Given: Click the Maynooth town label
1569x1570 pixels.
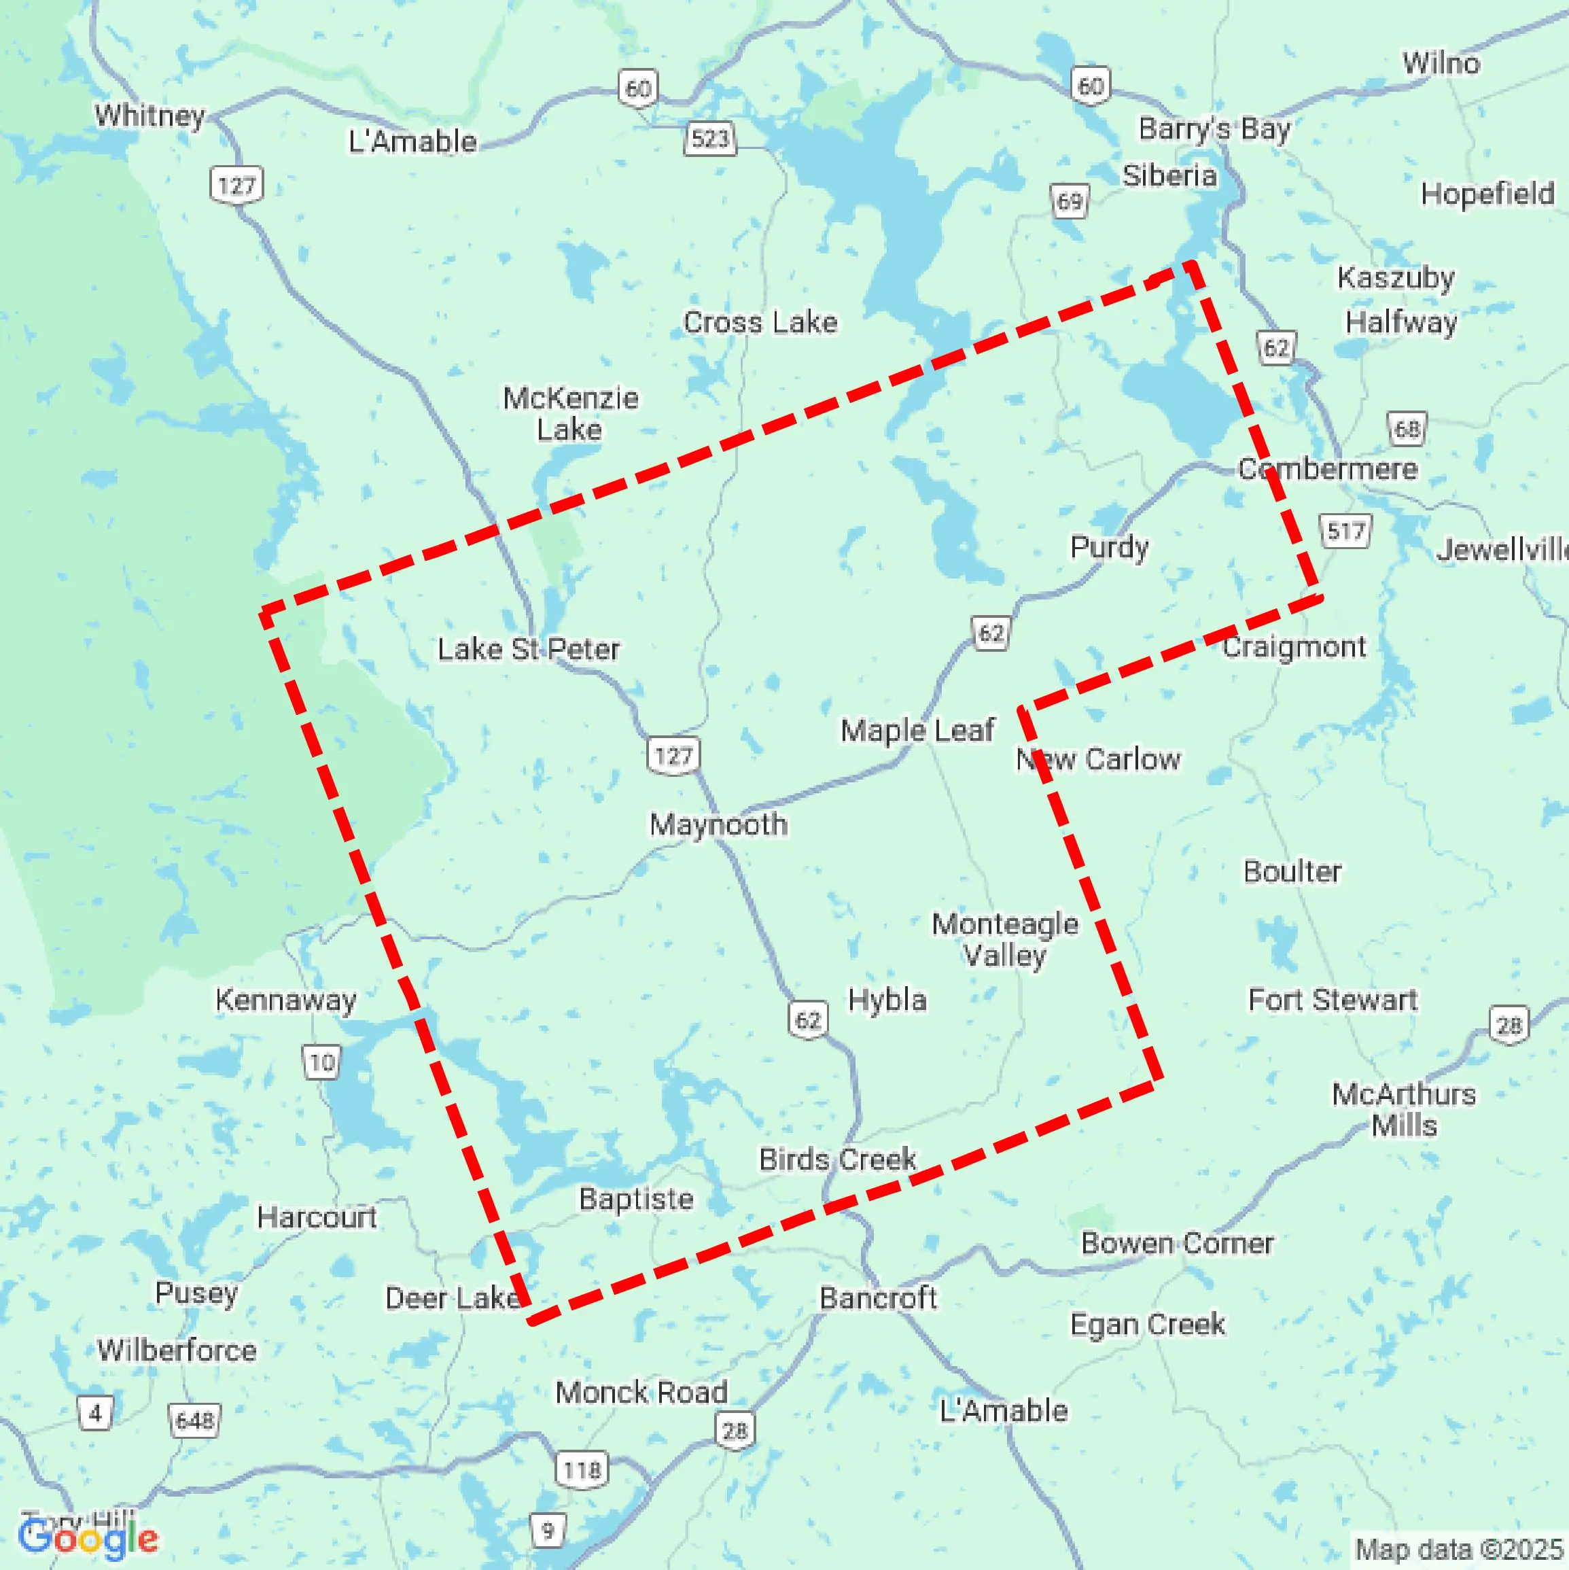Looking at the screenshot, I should (718, 825).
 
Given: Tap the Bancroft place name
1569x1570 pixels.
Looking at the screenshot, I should (877, 1297).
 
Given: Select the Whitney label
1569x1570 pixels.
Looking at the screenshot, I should (149, 116).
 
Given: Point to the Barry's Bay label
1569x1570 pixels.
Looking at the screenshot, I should (1214, 128).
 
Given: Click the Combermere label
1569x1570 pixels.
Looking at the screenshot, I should (1328, 469).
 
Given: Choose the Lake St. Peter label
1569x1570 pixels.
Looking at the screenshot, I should (528, 649).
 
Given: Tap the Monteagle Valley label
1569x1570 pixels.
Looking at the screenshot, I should (1005, 939).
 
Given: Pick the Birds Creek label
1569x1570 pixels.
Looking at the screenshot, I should (837, 1159).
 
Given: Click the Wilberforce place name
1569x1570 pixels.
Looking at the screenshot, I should (177, 1350).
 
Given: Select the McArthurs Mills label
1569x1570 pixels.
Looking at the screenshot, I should (1403, 1110).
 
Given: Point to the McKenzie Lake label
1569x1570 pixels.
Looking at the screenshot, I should (570, 414).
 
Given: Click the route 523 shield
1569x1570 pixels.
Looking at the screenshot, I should (710, 138).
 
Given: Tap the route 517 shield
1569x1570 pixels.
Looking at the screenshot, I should (1345, 531).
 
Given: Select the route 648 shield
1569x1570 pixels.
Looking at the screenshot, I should (194, 1420).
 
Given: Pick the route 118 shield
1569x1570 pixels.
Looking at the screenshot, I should (582, 1469).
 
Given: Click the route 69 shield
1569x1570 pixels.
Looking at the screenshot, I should (1070, 200).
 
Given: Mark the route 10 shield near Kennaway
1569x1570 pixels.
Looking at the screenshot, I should (322, 1062).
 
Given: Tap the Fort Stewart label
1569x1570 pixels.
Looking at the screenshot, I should (1333, 1000).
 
